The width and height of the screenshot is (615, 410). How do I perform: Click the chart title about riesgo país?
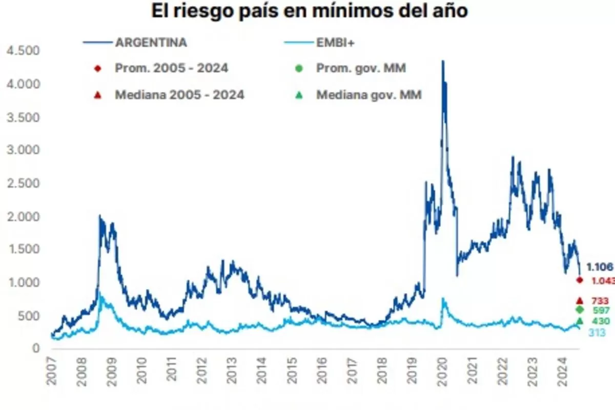(x=309, y=11)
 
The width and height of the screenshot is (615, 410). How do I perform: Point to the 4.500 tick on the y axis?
(x=21, y=50)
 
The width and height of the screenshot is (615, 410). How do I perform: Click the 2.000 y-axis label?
(x=21, y=216)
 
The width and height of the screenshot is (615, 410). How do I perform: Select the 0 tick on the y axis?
(x=35, y=349)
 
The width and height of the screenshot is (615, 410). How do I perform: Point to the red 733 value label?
(x=600, y=301)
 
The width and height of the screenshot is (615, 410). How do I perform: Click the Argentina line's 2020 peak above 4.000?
(x=443, y=61)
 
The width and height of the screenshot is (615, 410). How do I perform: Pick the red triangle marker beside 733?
(x=580, y=300)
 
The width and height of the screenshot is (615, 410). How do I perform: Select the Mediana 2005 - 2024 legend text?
(x=179, y=95)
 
